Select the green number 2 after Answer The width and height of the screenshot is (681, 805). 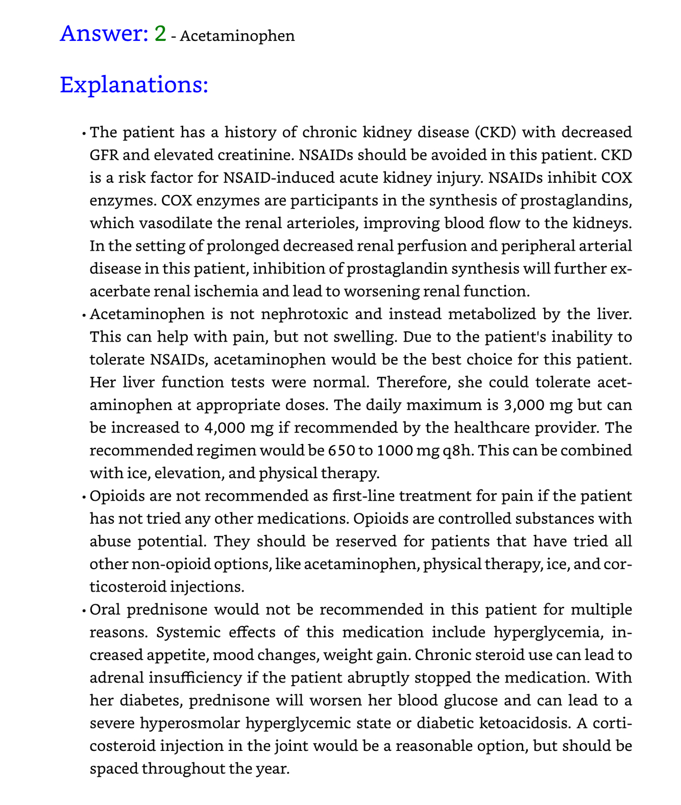pos(160,34)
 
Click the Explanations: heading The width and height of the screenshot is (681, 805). pos(134,85)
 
